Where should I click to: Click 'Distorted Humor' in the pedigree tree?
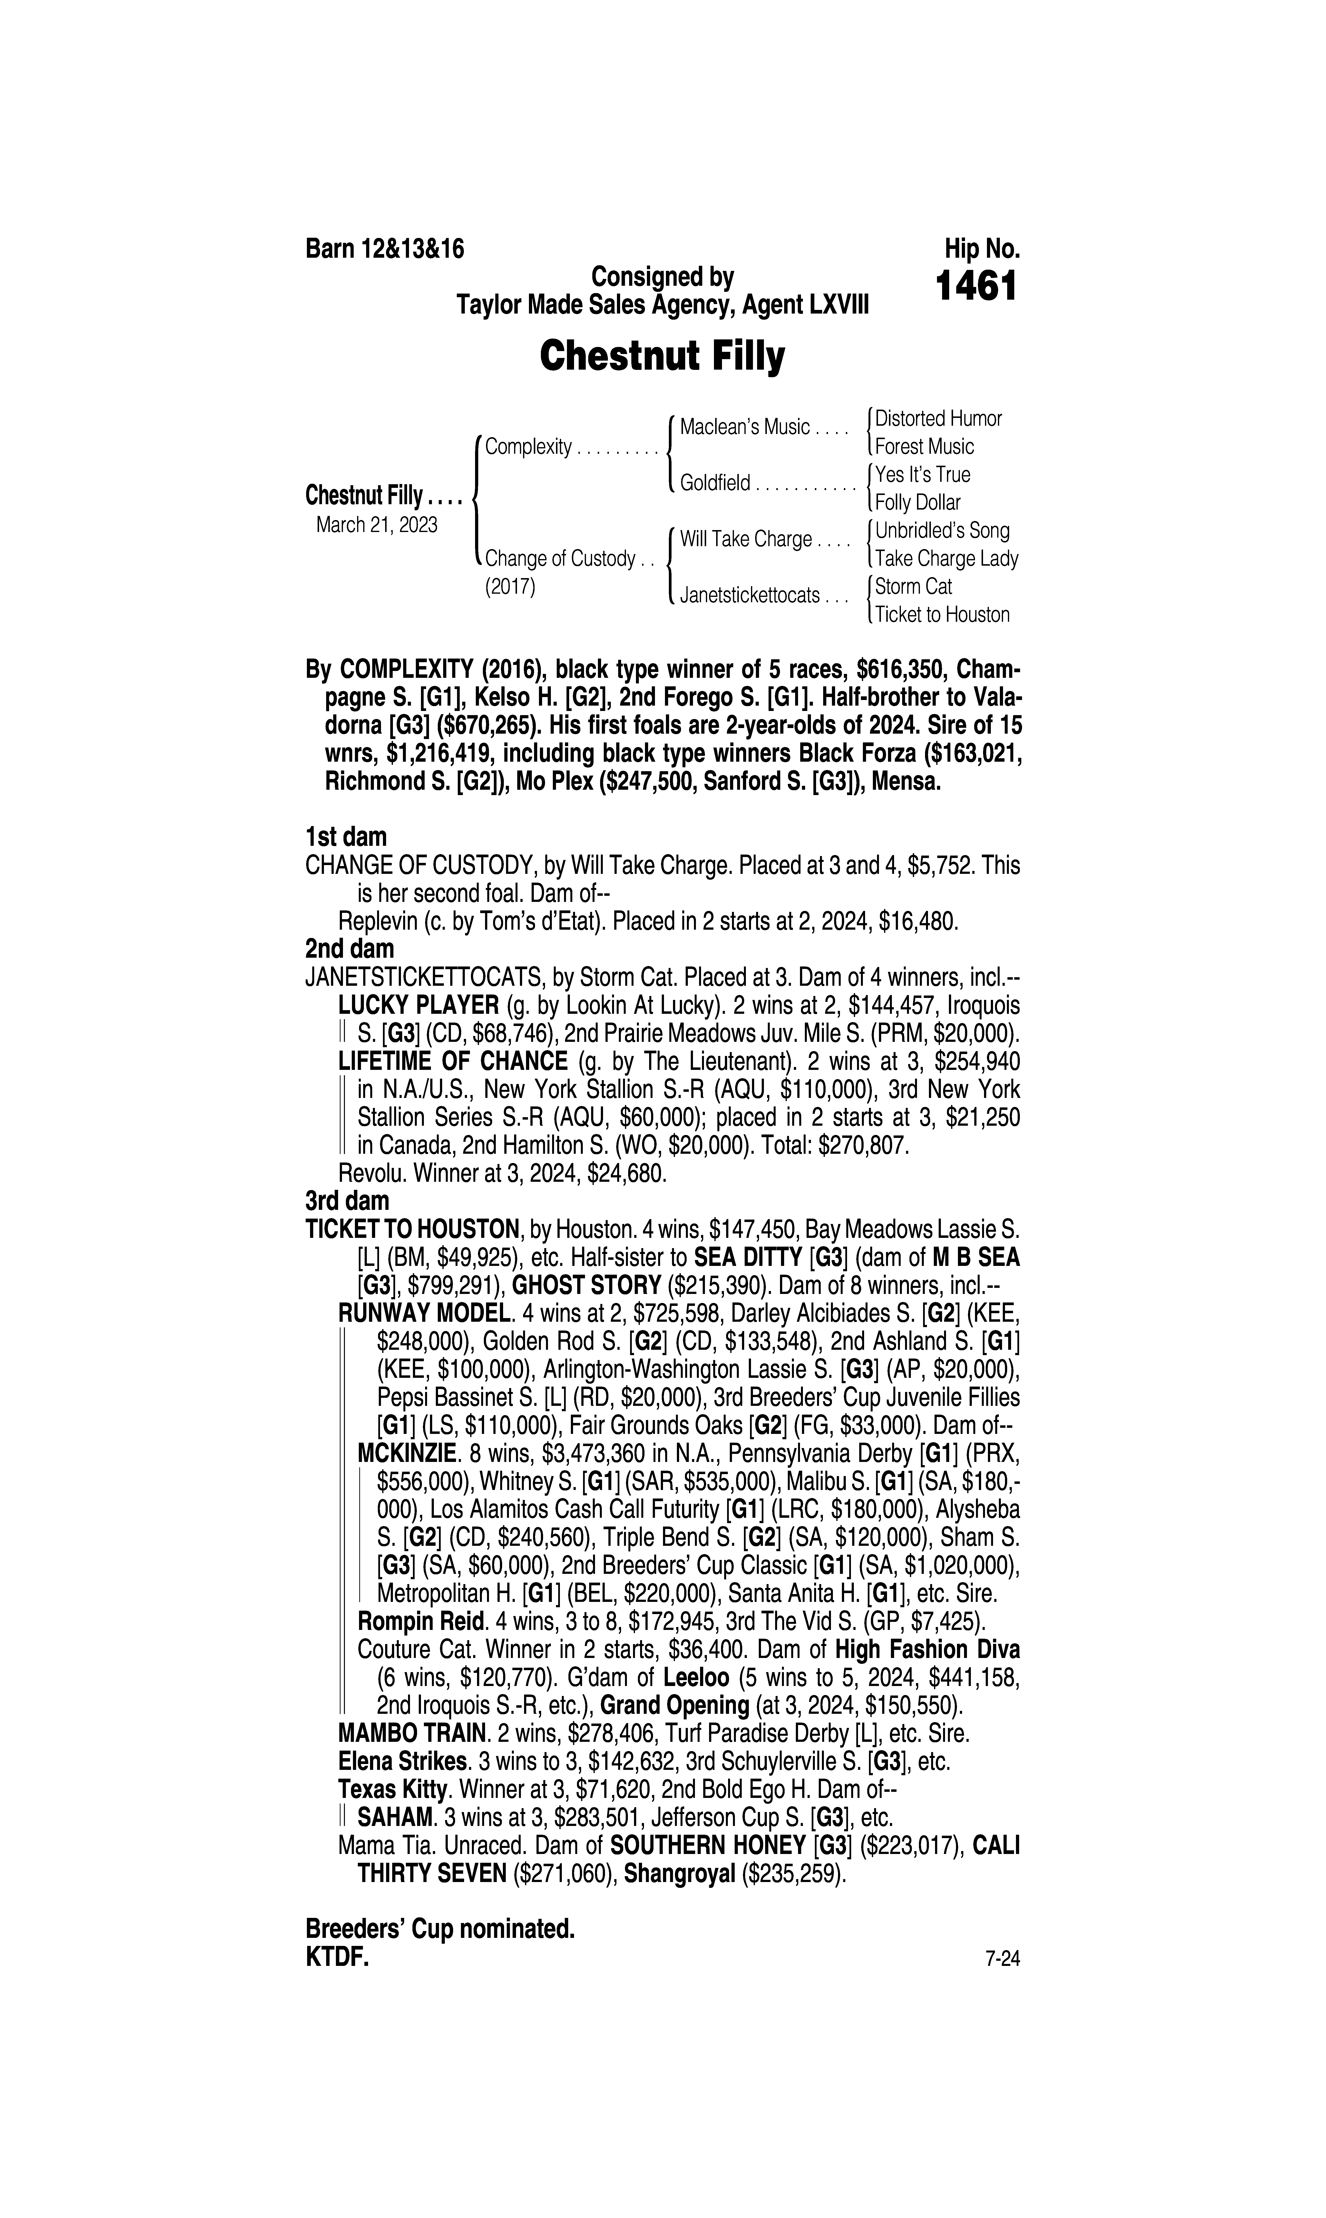(938, 418)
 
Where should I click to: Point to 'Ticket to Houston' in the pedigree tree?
(942, 615)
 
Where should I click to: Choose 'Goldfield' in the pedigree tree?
(715, 483)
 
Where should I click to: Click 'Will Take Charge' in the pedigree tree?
(745, 540)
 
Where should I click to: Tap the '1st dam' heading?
(346, 837)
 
